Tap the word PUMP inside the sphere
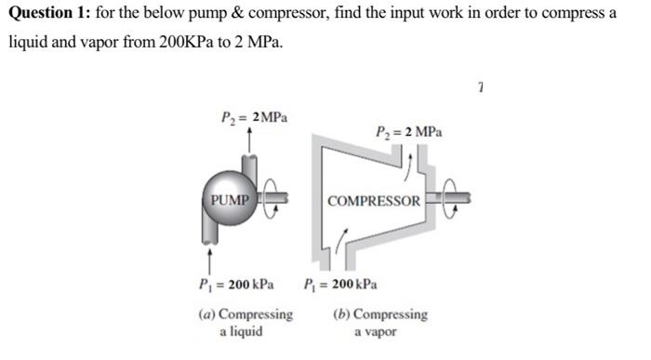(x=229, y=200)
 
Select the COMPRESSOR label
(x=374, y=201)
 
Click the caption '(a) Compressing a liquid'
(x=245, y=322)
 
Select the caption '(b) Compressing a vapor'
(x=379, y=322)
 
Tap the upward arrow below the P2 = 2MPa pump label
(x=248, y=137)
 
